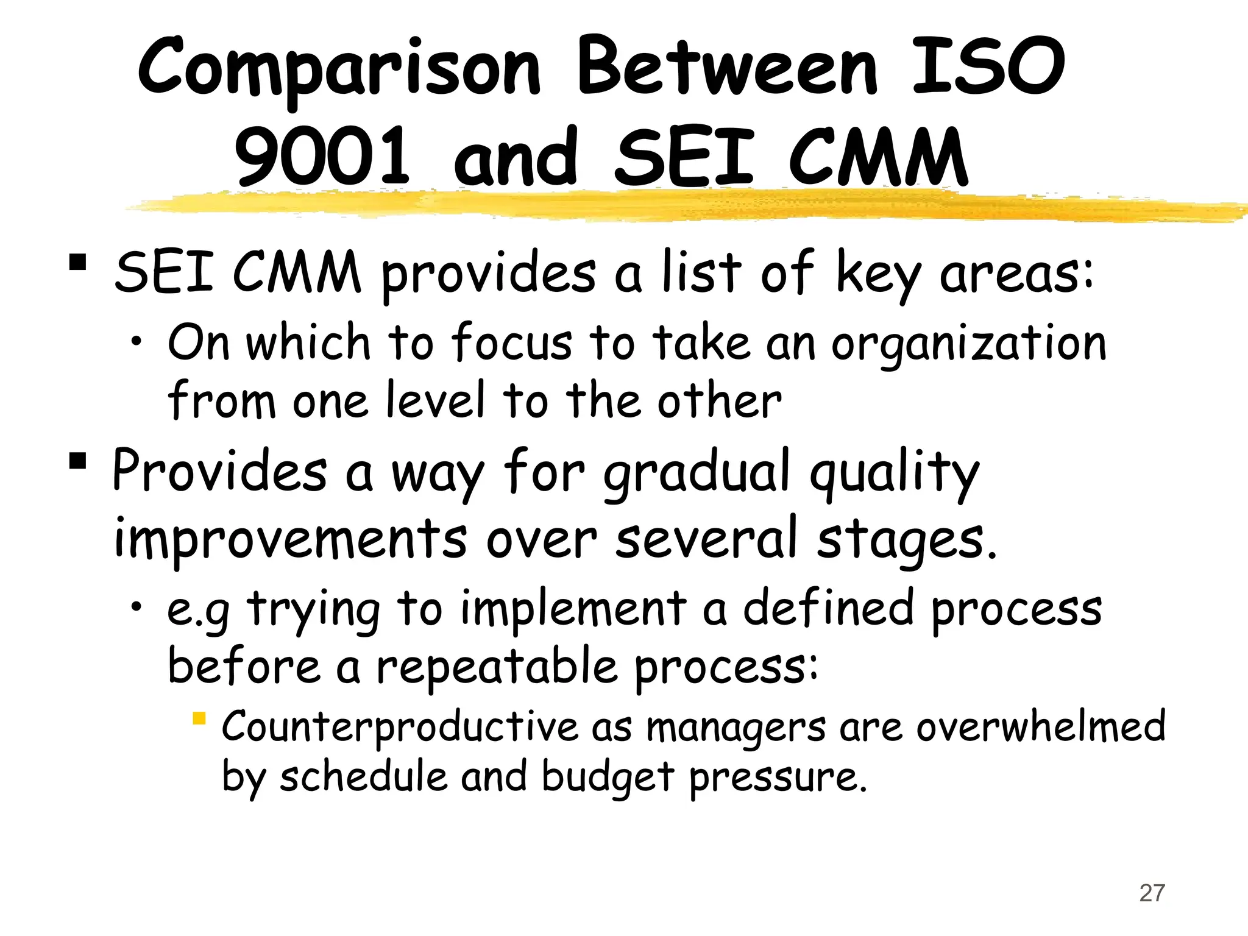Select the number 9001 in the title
(x=322, y=157)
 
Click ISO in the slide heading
(x=988, y=67)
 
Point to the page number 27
(x=1152, y=893)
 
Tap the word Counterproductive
(x=399, y=727)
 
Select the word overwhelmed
(x=1040, y=726)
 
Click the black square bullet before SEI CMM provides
(x=77, y=263)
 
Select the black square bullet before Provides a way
(x=77, y=461)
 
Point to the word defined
(x=828, y=609)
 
